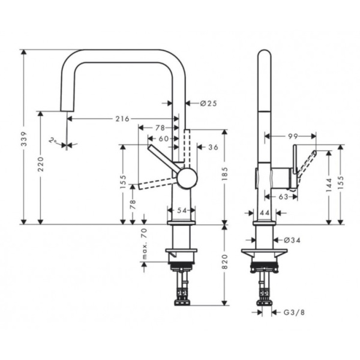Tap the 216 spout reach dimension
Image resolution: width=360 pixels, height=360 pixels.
tap(122, 119)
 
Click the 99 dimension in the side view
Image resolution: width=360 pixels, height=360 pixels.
tap(293, 137)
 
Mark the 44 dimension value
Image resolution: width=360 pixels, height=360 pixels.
tap(265, 212)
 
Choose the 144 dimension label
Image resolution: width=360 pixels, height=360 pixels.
tap(329, 187)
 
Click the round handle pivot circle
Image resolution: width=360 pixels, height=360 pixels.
tap(187, 178)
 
